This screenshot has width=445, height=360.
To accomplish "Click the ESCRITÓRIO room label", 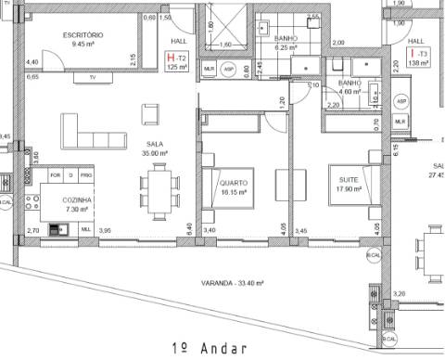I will coord(83,34).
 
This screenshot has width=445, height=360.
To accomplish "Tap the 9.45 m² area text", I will coord(83,43).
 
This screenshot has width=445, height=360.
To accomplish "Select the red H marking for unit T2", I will coord(170,58).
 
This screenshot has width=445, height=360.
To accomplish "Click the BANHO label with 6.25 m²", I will coord(286,39).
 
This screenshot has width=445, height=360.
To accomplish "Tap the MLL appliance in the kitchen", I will coord(85,228).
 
